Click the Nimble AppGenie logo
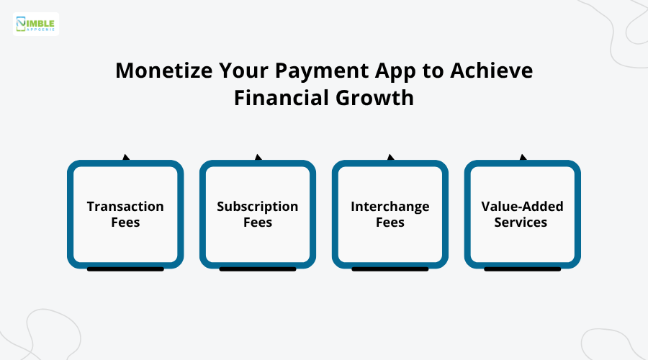[x=36, y=24]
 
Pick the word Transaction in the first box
[x=125, y=207]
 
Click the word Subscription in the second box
[x=258, y=207]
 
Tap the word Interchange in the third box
[x=390, y=207]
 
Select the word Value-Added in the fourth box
[x=522, y=207]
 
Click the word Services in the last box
[x=522, y=222]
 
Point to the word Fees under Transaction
[x=125, y=222]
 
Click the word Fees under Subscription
[x=258, y=222]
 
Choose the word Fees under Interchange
[x=390, y=222]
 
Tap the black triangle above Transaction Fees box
[x=126, y=157]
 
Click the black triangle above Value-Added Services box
[x=523, y=157]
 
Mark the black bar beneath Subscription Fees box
[x=258, y=269]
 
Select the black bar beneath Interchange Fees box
[x=390, y=269]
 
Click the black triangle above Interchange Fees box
[x=390, y=157]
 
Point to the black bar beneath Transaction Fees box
[x=125, y=269]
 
